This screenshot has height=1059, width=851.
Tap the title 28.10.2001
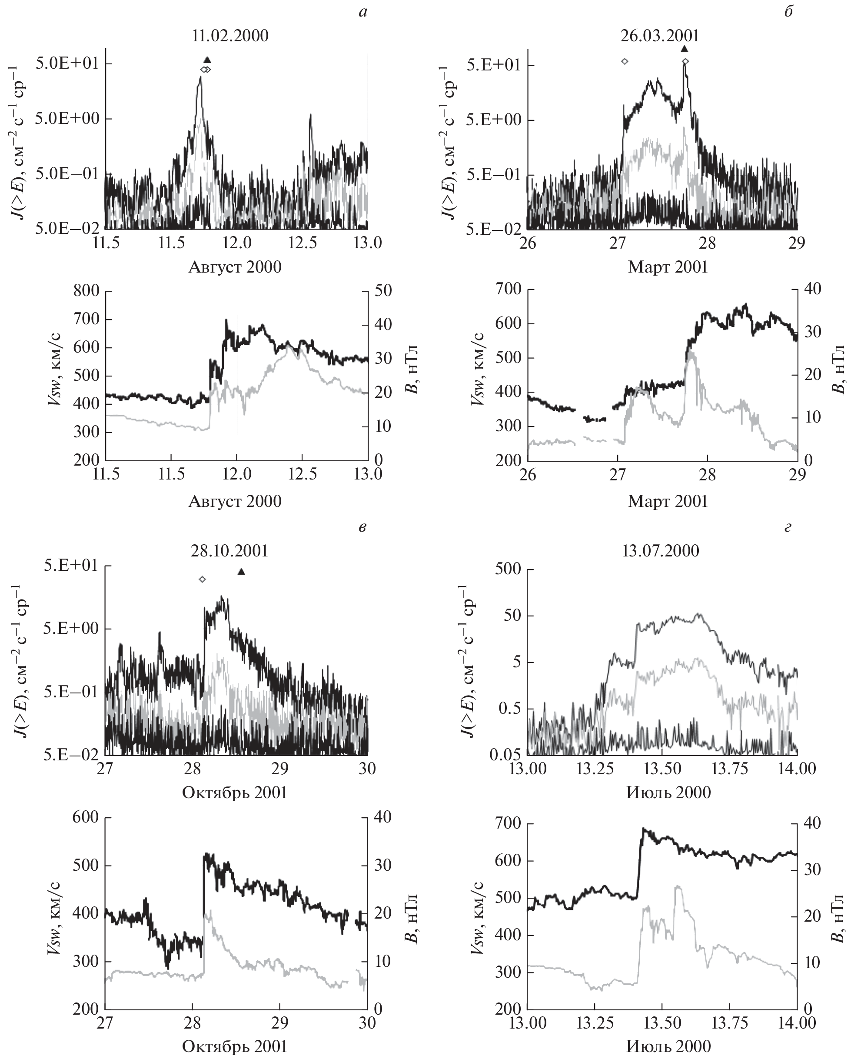pyautogui.click(x=230, y=551)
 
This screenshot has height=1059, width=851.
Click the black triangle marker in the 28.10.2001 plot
pyautogui.click(x=241, y=571)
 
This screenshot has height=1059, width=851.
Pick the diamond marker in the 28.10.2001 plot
pyautogui.click(x=202, y=579)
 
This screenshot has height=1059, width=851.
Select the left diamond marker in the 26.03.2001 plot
pyautogui.click(x=625, y=61)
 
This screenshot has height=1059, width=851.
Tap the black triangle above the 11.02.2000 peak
pyautogui.click(x=207, y=60)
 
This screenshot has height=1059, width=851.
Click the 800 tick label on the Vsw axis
pyautogui.click(x=86, y=291)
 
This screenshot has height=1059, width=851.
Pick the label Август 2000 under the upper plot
pyautogui.click(x=235, y=267)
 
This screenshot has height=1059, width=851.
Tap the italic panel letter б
pyautogui.click(x=789, y=12)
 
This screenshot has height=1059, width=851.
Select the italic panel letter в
pyautogui.click(x=362, y=527)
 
